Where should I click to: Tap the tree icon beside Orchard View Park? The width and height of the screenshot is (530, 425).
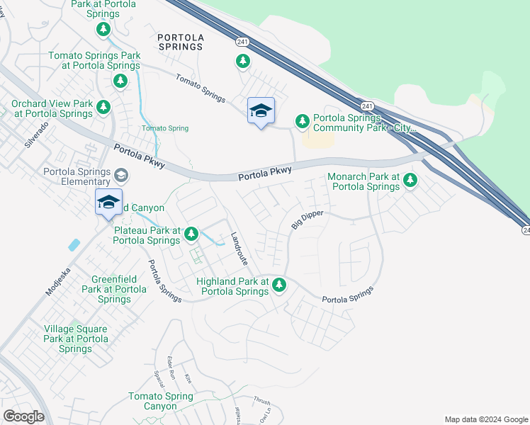point(103,108)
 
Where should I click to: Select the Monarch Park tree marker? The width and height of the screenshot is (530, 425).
point(410,181)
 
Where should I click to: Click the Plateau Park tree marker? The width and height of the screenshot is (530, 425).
point(191,234)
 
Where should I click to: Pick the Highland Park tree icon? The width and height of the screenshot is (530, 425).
point(279,285)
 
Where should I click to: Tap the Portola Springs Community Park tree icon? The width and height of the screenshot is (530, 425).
point(303,122)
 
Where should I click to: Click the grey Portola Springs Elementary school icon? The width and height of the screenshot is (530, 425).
point(122,175)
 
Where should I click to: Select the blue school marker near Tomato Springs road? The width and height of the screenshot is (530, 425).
point(261,110)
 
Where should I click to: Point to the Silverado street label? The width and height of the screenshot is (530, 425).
point(37,134)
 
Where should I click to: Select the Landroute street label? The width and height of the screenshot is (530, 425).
point(239,249)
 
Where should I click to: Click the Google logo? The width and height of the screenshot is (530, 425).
point(23,416)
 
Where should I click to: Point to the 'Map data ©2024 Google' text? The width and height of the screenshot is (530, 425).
point(485,419)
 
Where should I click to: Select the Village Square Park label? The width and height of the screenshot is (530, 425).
point(75,339)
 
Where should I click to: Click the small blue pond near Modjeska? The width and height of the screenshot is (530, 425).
point(74,245)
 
